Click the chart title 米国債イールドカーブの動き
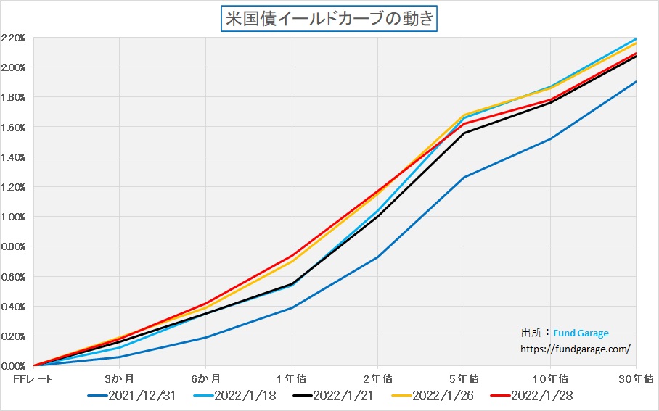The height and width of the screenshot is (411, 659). click(329, 18)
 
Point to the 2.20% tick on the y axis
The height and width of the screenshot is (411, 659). click(14, 37)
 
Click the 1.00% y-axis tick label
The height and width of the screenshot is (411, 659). click(14, 217)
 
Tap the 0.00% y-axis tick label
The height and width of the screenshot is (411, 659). click(14, 366)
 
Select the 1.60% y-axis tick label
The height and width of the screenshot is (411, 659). click(14, 127)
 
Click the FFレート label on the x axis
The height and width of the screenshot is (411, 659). click(33, 378)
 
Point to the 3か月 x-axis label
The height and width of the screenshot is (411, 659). click(119, 378)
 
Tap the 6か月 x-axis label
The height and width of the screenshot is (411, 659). click(205, 378)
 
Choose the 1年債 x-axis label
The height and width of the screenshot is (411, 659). click(292, 378)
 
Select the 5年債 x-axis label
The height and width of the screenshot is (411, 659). click(464, 378)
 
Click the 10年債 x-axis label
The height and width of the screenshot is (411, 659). click(550, 378)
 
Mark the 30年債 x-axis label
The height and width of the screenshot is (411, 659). click(637, 378)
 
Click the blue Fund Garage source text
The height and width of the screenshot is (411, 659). click(581, 333)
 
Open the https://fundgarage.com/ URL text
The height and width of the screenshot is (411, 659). click(576, 348)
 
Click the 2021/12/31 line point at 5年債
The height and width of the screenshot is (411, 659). click(464, 177)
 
